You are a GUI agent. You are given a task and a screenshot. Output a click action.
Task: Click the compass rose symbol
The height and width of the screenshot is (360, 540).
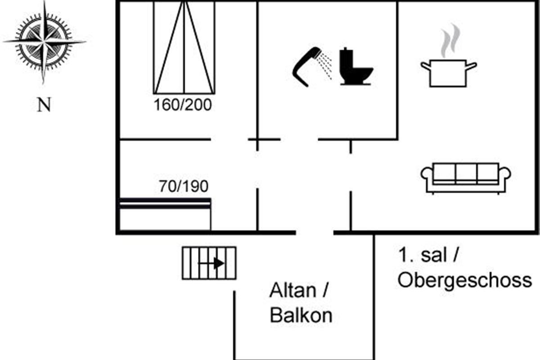point(44,42)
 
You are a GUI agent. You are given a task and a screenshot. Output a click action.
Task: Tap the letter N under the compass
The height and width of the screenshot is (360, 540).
point(44,105)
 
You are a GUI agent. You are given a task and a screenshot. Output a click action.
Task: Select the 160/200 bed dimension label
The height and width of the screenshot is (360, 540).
point(183,105)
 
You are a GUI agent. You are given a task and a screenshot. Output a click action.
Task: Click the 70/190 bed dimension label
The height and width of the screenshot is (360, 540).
point(184,186)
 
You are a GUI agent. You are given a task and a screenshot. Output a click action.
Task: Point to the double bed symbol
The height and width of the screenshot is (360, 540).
point(184,47)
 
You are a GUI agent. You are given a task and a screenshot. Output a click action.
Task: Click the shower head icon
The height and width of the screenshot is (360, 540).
point(312,67)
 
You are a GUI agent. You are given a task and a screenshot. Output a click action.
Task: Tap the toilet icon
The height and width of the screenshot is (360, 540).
point(356,66)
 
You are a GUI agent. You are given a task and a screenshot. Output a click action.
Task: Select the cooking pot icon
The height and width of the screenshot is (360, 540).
point(449,73)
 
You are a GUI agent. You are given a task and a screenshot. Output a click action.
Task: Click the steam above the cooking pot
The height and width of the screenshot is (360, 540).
point(450,41)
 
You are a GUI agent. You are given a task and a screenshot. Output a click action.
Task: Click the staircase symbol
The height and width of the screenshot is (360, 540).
point(209,263)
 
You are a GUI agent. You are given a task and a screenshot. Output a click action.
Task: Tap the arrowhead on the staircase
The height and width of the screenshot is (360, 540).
point(219,263)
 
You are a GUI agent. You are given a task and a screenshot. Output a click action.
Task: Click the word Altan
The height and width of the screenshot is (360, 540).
point(292,291)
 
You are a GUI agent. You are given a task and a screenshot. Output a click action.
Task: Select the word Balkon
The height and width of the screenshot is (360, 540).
point(301,315)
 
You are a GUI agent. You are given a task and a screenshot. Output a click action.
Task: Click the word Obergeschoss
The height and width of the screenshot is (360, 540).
point(464,281)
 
